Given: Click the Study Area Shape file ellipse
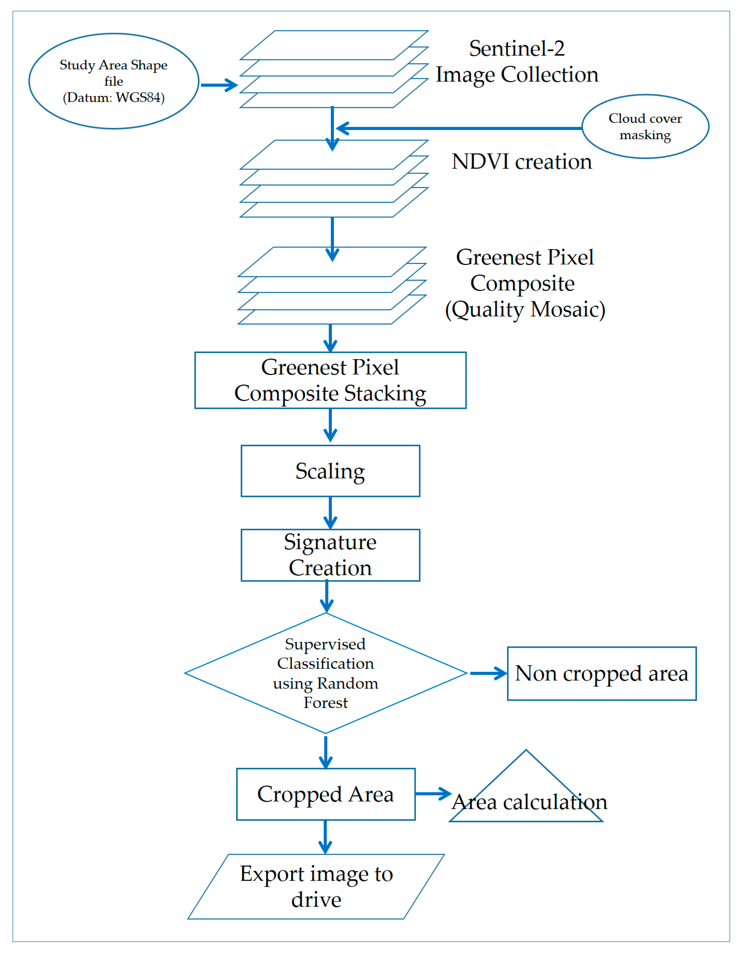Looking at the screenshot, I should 114,81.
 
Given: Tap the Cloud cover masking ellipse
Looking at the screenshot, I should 645,127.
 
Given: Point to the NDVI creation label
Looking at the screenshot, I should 522,162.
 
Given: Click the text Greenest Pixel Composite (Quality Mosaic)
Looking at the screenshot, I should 525,283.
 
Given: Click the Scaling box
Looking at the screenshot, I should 330,471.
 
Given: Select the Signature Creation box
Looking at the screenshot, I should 330,555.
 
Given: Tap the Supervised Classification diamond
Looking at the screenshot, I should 326,673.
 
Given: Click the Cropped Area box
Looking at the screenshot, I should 326,794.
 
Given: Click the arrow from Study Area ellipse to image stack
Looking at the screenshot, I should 219,85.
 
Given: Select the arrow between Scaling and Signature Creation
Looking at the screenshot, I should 330,512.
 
